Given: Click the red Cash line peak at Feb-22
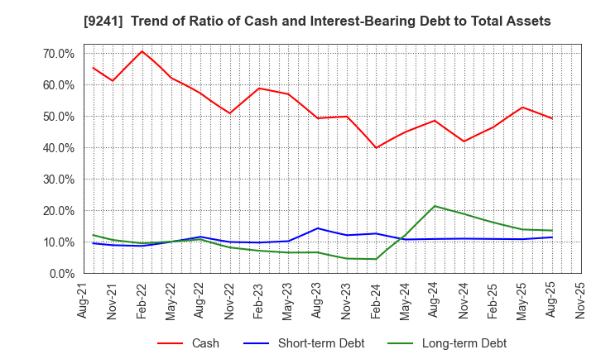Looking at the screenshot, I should pos(142,51).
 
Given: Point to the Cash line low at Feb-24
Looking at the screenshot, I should pos(376,148).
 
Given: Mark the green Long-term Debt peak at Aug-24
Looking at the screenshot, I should pos(435,206).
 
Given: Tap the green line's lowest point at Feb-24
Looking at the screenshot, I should pos(376,259).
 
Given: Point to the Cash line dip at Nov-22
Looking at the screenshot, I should pos(230,113).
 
